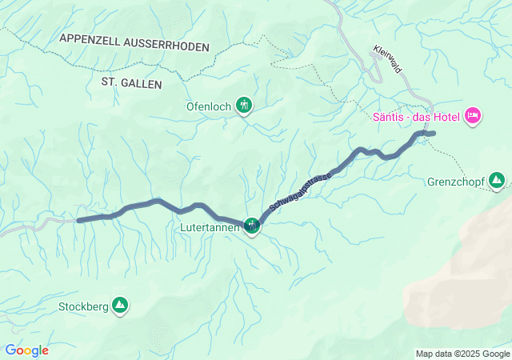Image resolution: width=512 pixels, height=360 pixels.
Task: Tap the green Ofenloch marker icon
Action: [x=244, y=105]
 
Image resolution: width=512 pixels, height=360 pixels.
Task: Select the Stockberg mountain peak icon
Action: [x=120, y=305]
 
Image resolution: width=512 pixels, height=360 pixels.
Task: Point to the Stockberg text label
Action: [x=83, y=306]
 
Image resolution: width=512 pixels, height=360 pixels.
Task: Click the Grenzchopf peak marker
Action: [x=497, y=180]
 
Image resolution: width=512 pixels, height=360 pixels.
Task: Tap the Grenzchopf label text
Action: [x=456, y=181]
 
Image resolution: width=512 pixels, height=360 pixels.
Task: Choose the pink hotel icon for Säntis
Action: [x=473, y=117]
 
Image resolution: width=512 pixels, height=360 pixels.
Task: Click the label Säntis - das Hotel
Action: [x=415, y=118]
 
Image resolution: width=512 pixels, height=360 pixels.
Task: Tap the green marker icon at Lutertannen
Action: [x=253, y=226]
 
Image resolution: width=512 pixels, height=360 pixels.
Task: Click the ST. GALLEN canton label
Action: [x=132, y=82]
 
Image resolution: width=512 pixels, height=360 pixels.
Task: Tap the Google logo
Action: [x=26, y=350]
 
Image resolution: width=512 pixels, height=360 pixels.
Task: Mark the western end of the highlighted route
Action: [x=78, y=219]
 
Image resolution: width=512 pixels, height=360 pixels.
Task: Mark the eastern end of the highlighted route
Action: [x=433, y=134]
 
